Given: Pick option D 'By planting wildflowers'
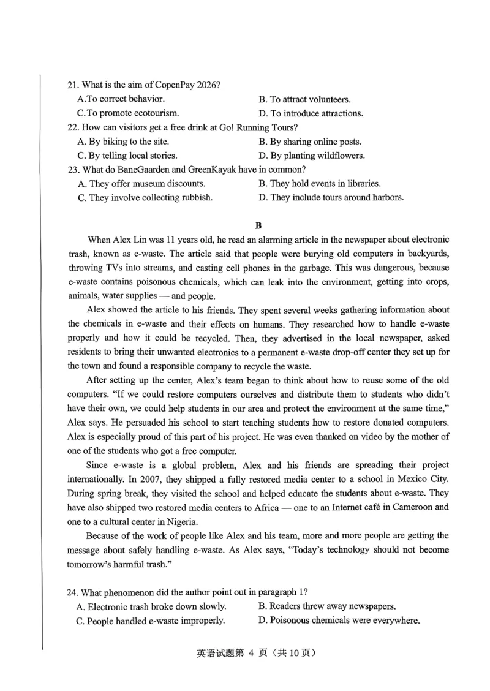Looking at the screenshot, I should (x=312, y=156).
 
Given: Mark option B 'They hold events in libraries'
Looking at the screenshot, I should (x=320, y=183).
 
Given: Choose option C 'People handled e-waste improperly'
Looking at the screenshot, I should (x=147, y=621).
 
